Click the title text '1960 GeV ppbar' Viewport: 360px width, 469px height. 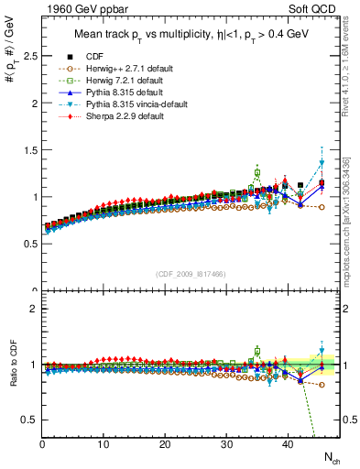[x=76, y=10]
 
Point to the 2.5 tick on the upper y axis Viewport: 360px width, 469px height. [x=29, y=56]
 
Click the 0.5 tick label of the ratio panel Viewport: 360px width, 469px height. [x=29, y=420]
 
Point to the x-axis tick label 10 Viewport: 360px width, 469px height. [x=104, y=445]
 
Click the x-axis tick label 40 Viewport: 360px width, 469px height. [x=288, y=445]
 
